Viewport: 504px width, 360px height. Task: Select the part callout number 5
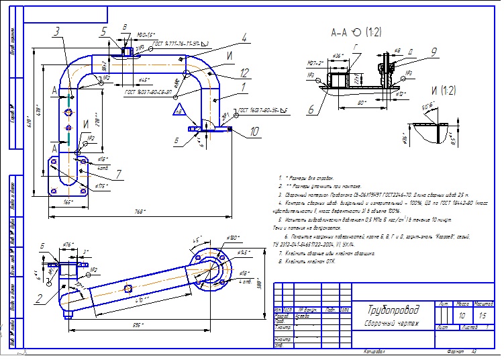pyautogui.click(x=103, y=31)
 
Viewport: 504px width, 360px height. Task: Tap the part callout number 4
pyautogui.click(x=245, y=37)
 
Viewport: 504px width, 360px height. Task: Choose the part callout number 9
pyautogui.click(x=434, y=51)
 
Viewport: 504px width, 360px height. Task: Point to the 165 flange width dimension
pyautogui.click(x=68, y=201)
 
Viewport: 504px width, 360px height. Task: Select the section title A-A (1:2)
pyautogui.click(x=356, y=32)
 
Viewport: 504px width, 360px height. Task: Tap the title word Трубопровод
pyautogui.click(x=393, y=310)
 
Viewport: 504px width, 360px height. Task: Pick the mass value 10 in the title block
pyautogui.click(x=461, y=314)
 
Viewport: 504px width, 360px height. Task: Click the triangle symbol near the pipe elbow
pyautogui.click(x=179, y=109)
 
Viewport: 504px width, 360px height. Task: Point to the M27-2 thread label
pyautogui.click(x=317, y=63)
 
